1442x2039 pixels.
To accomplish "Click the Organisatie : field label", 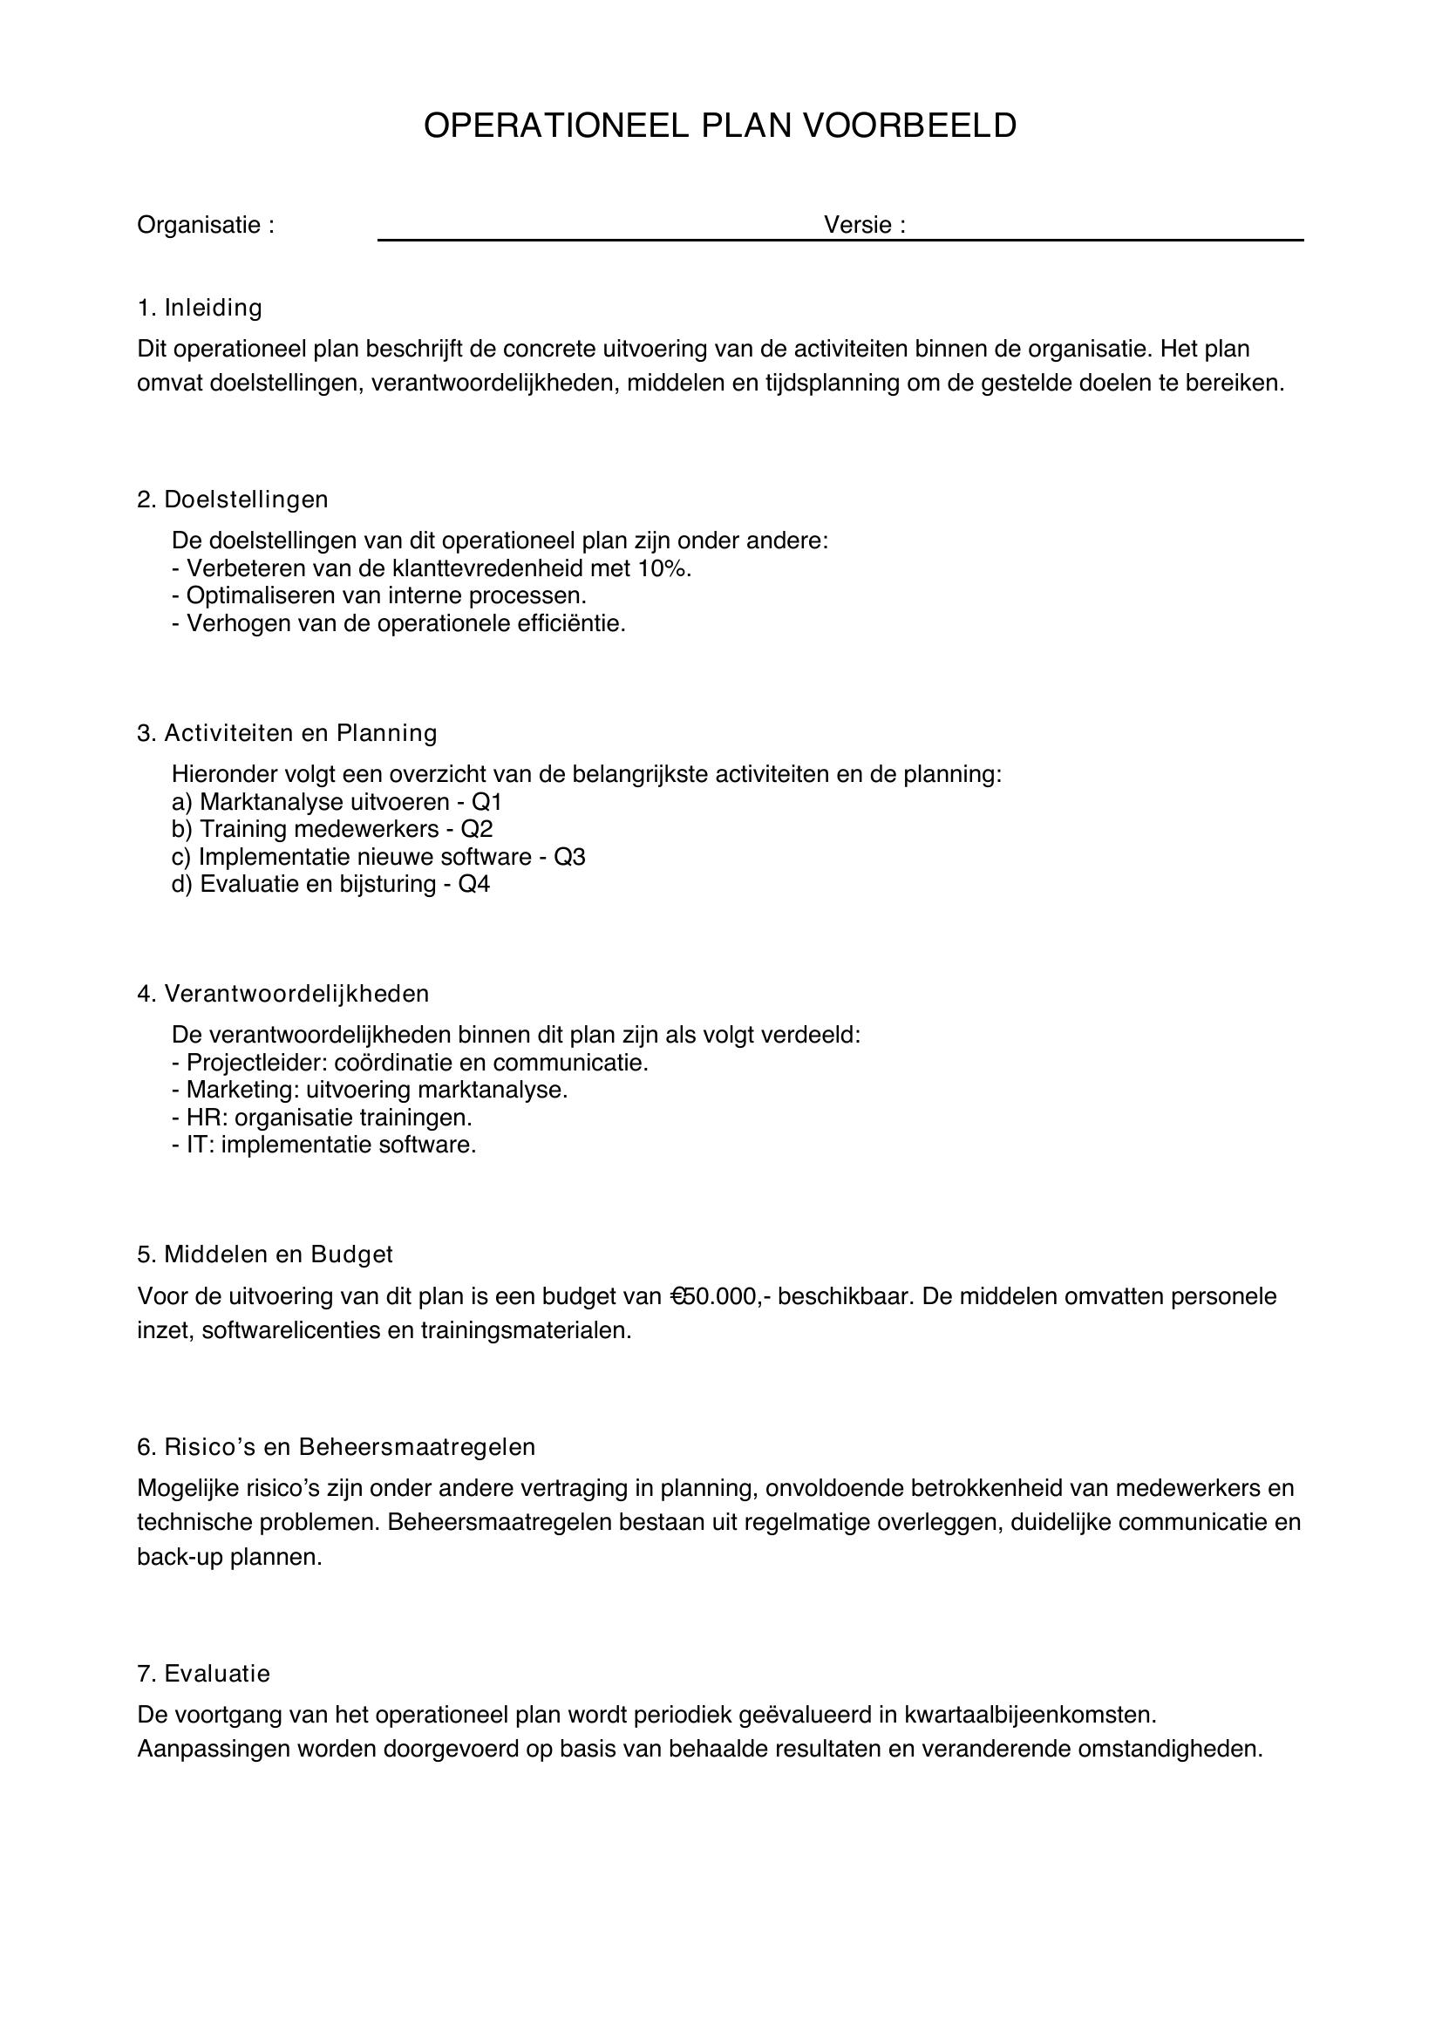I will tap(205, 226).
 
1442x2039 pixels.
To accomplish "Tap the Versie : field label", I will tap(864, 225).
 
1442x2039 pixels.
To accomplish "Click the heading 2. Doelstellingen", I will tap(233, 500).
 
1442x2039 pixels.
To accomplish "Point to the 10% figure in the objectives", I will tap(663, 568).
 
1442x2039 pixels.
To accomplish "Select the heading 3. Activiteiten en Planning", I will tap(287, 732).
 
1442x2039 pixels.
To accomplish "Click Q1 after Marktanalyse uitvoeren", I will tap(486, 802).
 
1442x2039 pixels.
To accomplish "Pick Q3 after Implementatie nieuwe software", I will tap(569, 857).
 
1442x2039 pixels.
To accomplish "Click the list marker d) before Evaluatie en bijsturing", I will tap(181, 885).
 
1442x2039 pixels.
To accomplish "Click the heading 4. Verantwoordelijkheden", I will tap(282, 994).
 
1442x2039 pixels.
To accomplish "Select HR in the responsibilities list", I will tap(203, 1118).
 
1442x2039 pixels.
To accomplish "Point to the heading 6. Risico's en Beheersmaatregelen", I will tap(336, 1447).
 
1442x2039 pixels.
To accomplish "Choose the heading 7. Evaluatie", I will tap(203, 1674).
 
